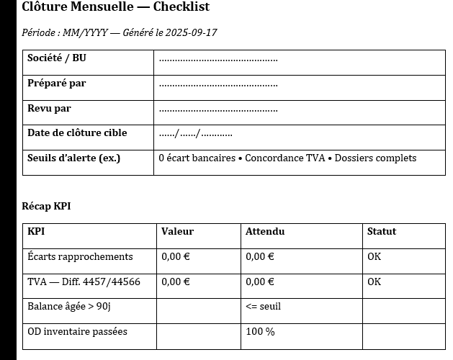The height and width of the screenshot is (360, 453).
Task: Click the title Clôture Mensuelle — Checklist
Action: coord(116,8)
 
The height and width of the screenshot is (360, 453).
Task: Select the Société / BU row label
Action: coord(57,58)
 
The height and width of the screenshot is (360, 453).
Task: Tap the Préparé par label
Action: coord(57,84)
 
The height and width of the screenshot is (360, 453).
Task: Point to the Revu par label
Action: coord(50,109)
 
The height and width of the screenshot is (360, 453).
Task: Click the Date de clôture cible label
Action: coord(77,133)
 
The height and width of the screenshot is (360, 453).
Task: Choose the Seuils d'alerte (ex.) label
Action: coord(73,158)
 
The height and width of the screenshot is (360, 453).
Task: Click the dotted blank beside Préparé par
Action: coord(218,84)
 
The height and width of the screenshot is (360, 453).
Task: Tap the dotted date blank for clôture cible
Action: coord(195,134)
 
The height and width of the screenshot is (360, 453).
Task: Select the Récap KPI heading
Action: coord(46,207)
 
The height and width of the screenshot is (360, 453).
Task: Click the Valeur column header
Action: coord(177,232)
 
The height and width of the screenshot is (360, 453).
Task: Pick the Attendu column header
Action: coord(265,232)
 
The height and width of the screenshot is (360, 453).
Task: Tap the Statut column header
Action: coord(382,232)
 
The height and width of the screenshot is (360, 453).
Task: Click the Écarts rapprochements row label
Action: coord(80,257)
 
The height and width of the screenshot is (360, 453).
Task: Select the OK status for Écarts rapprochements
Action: coord(374,257)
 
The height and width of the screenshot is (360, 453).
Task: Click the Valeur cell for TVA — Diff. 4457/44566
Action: coord(175,282)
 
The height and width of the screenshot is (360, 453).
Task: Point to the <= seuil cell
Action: coord(263,307)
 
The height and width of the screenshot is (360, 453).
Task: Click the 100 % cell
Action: coord(260,332)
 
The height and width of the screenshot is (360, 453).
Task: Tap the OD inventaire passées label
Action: coord(77,332)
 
